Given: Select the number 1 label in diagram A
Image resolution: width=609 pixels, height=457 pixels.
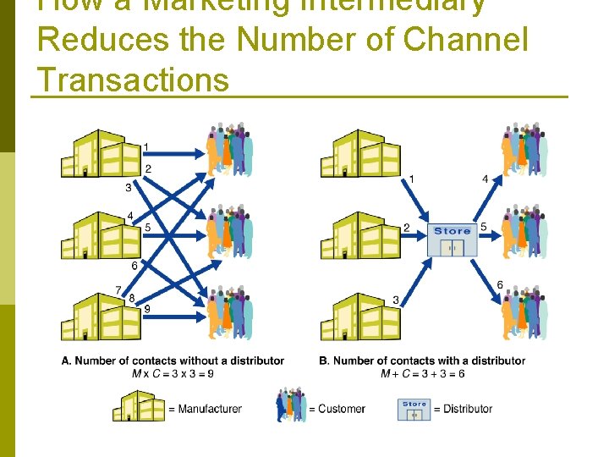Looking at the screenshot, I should [x=146, y=147].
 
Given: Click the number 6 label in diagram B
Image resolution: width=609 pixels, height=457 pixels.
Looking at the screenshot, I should [x=500, y=285].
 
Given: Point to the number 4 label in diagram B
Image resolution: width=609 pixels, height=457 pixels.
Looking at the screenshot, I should [x=485, y=179].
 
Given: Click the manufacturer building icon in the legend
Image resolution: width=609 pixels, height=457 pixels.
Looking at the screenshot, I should [x=139, y=406].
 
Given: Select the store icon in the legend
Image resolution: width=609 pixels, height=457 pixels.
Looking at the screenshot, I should [x=414, y=409].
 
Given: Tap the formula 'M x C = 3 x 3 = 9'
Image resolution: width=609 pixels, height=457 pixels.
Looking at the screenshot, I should [x=173, y=373].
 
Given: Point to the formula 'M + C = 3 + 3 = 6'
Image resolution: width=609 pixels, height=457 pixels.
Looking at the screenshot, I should [x=424, y=373].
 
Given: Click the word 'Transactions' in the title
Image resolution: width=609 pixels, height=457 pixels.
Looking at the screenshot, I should [x=134, y=80].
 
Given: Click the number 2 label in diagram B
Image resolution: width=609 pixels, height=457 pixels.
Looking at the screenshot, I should [x=406, y=228].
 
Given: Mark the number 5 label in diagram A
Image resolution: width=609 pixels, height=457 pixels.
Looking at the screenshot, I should [x=147, y=228].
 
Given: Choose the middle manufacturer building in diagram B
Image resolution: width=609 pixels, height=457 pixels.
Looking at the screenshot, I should [x=359, y=234].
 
